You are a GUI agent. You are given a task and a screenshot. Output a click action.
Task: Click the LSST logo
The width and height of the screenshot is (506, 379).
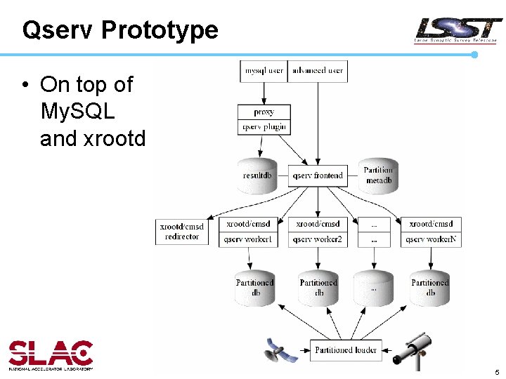[x=458, y=31]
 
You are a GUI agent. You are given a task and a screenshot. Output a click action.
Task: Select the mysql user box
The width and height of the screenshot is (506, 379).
[x=264, y=71]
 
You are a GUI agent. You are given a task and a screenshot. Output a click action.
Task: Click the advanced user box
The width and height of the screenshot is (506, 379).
[x=318, y=71]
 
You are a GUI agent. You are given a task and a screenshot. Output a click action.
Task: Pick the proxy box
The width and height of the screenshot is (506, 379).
[x=264, y=112]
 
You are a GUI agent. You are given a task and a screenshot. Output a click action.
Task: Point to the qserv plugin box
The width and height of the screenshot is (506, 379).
[x=264, y=127]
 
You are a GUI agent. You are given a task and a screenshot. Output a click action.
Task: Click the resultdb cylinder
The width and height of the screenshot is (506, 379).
[x=257, y=175]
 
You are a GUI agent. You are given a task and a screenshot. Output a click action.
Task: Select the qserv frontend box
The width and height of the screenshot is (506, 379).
[x=318, y=175]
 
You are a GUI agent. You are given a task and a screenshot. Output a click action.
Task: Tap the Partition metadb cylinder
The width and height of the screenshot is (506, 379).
[x=378, y=175]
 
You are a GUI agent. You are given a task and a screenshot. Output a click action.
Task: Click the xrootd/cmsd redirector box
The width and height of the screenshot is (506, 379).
[x=182, y=232]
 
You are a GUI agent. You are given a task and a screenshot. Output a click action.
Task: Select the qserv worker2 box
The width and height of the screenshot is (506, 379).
[x=318, y=239]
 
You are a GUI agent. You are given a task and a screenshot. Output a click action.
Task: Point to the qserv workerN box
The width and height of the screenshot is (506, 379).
[x=432, y=239]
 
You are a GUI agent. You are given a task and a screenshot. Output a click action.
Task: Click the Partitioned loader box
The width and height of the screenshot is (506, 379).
[x=346, y=350]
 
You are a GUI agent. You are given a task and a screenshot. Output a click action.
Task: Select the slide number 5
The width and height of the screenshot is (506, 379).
[x=496, y=372]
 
